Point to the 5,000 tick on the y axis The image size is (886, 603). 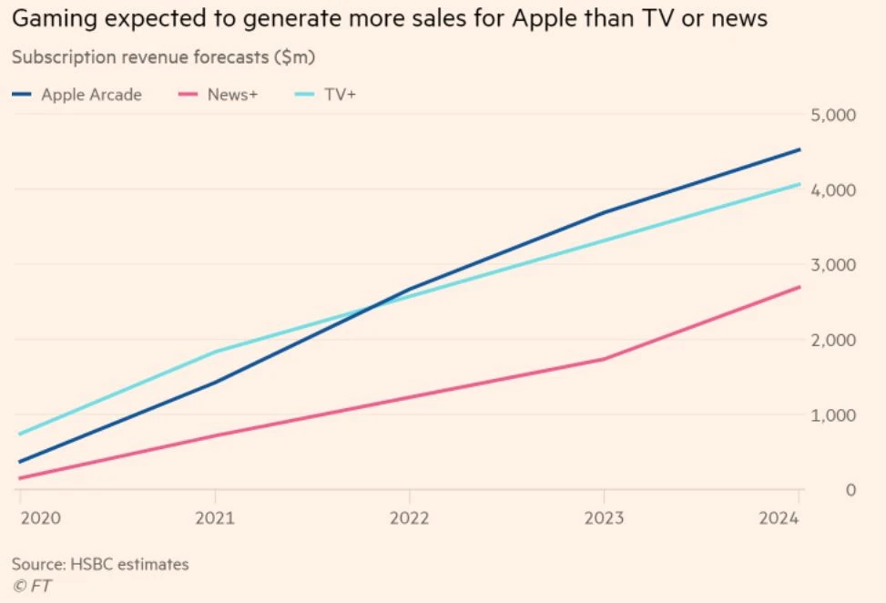832,115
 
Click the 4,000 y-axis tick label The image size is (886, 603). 832,189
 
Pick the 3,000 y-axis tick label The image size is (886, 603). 832,265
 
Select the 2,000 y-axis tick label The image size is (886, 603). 832,340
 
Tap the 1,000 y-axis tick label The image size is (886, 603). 832,414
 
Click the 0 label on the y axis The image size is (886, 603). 851,490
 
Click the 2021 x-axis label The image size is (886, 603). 214,517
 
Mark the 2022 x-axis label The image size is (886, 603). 409,517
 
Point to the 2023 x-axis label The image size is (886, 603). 604,517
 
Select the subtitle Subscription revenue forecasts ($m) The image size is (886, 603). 163,56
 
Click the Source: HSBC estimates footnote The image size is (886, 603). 100,564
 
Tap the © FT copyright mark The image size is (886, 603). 31,586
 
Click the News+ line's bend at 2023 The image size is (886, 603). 604,359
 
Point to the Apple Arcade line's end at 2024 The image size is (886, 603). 799,149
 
